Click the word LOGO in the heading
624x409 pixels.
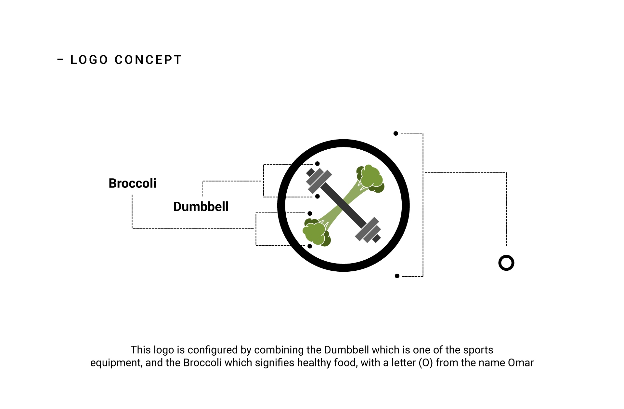89,60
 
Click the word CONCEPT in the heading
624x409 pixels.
148,60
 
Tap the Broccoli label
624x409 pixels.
132,184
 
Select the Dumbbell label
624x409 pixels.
201,207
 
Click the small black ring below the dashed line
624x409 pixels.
506,263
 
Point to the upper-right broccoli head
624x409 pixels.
370,178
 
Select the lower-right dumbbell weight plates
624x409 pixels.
369,230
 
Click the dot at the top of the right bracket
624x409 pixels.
396,133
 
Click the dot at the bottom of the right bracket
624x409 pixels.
397,276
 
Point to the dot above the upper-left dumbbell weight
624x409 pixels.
318,164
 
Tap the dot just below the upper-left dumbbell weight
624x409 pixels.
318,197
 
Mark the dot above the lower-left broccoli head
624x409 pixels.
310,213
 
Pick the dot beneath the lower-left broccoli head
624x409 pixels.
310,246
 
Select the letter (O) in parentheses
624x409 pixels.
425,363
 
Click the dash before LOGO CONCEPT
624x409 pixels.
60,60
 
